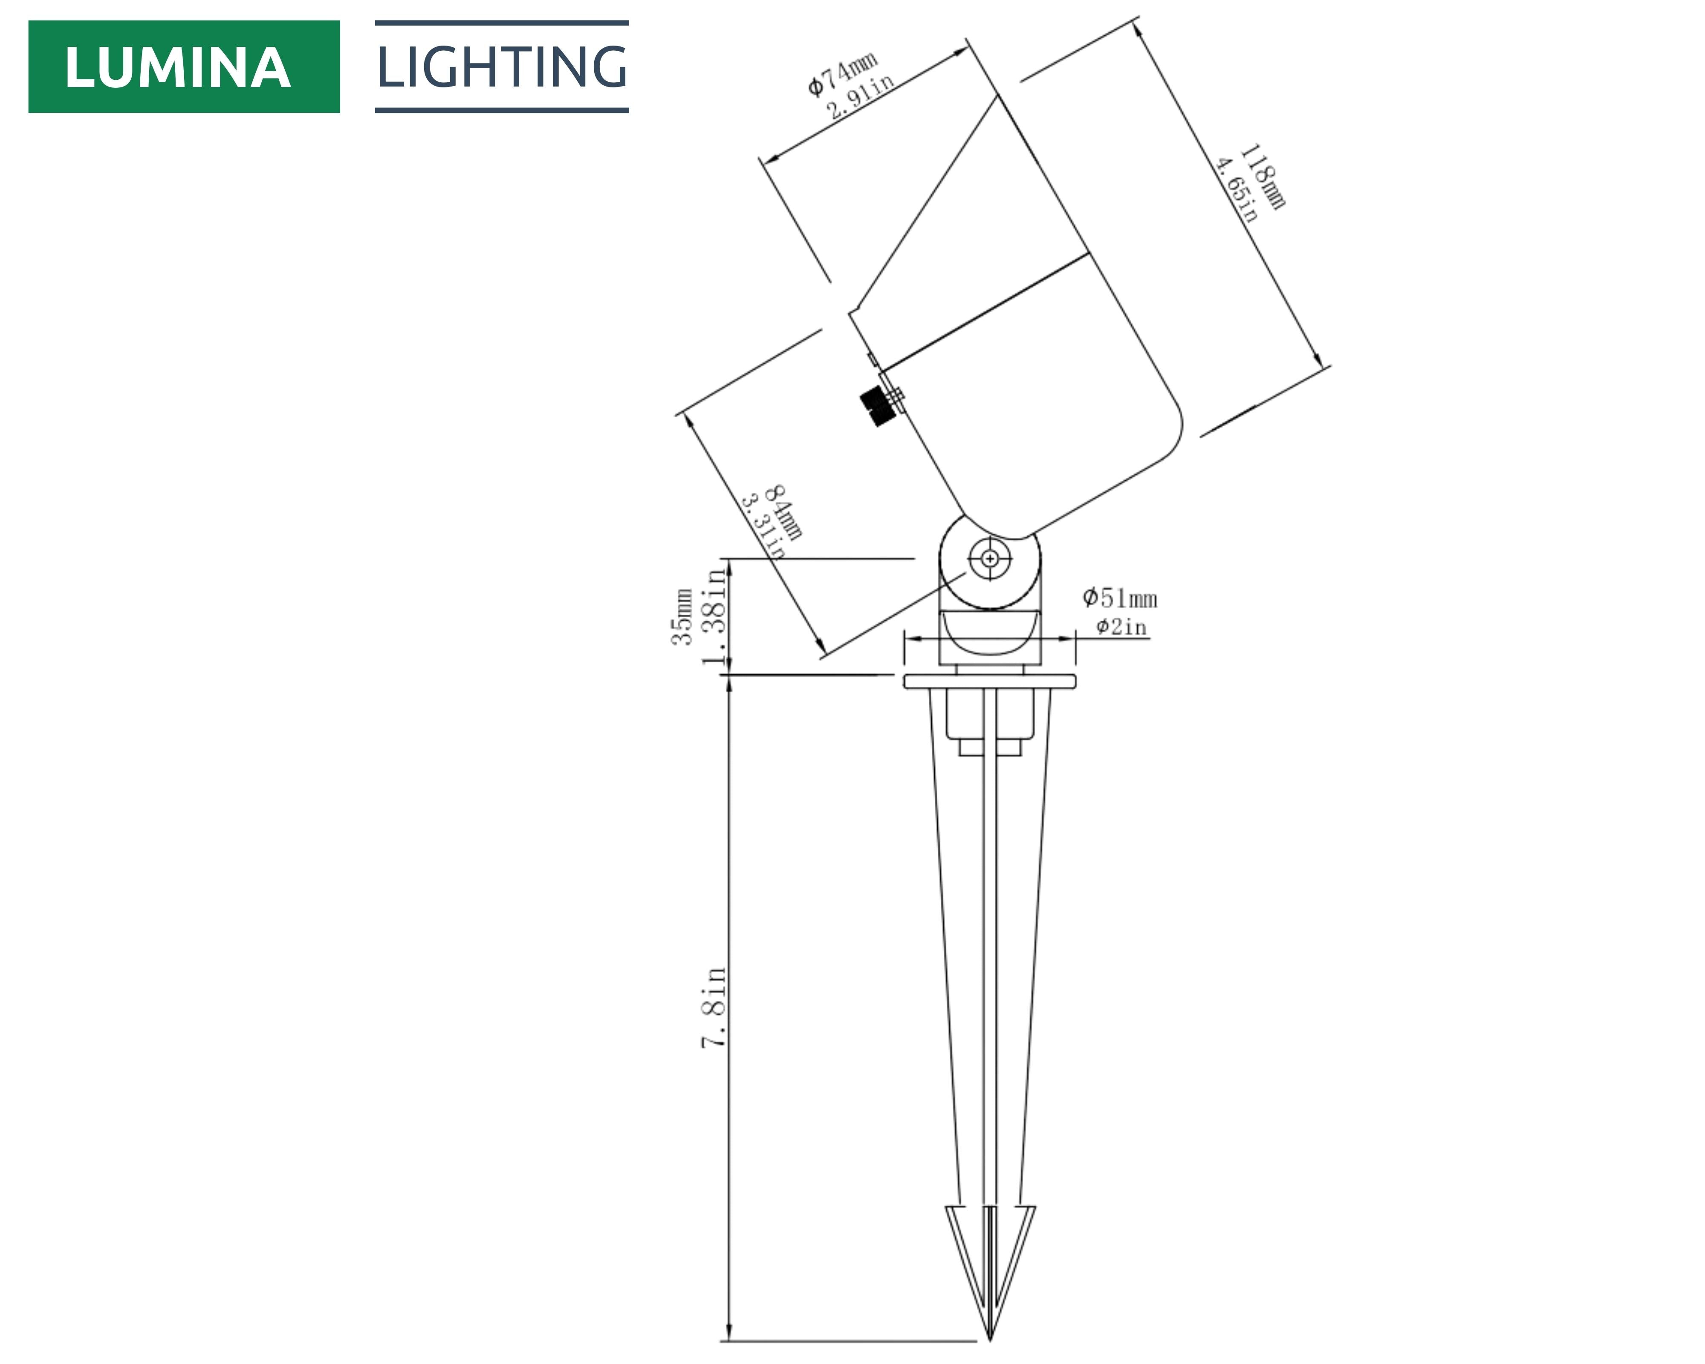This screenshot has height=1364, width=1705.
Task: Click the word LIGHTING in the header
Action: point(502,66)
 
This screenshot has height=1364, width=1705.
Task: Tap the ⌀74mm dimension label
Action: point(842,74)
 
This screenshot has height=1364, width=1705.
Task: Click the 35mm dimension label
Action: point(682,617)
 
